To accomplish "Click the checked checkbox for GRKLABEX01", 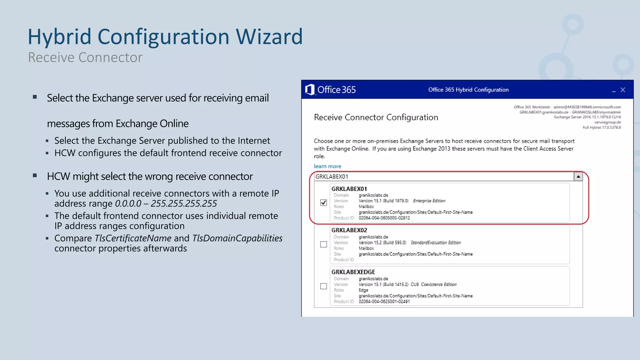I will [x=323, y=203].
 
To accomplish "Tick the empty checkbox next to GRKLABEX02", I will [x=323, y=244].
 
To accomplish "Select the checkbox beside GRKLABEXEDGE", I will [x=323, y=286].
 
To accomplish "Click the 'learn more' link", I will [x=327, y=166].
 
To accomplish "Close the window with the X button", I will [x=623, y=90].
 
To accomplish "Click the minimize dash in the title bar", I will [x=614, y=91].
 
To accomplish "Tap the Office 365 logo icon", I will [x=309, y=90].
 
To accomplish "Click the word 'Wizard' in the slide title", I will [x=269, y=37].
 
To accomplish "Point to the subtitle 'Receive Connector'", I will [x=85, y=57].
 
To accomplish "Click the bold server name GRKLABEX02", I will [x=349, y=230].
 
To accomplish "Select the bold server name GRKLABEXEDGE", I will [x=353, y=272].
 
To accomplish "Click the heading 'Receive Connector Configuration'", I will [x=376, y=117].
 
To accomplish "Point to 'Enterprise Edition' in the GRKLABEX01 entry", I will [x=429, y=201].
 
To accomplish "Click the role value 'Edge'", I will [x=363, y=290].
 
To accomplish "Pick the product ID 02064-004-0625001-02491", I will [x=384, y=302].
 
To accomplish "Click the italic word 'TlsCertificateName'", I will [x=133, y=238].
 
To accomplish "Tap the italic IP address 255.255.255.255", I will [x=184, y=204].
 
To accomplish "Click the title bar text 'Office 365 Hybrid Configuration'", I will [x=468, y=90].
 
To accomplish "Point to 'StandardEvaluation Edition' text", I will [x=436, y=243].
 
